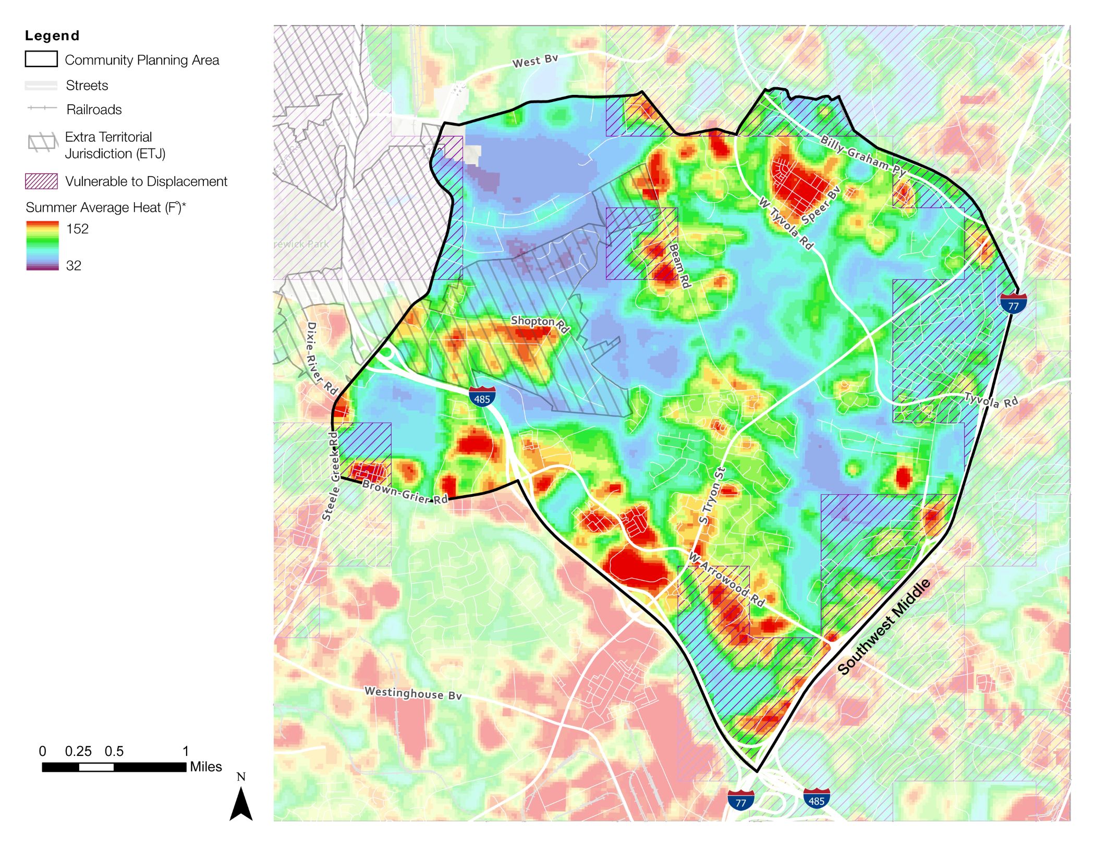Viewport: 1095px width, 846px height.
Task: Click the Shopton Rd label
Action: pyautogui.click(x=539, y=324)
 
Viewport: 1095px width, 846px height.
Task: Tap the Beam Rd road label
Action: pyautogui.click(x=679, y=265)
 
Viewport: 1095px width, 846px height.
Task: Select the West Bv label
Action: pyautogui.click(x=535, y=61)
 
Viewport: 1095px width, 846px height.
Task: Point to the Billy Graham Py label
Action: pyautogui.click(x=863, y=155)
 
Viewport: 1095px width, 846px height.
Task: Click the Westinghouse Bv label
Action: pyautogui.click(x=413, y=693)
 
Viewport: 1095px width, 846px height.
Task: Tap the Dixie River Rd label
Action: pyautogui.click(x=321, y=358)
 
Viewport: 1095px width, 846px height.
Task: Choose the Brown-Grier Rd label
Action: pyautogui.click(x=405, y=492)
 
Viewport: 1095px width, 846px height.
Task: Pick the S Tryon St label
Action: pyautogui.click(x=712, y=495)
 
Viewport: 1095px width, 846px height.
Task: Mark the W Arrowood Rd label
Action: pyautogui.click(x=726, y=579)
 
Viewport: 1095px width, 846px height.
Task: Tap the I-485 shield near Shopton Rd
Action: pyautogui.click(x=482, y=397)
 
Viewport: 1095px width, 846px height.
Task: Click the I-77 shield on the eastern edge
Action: pyautogui.click(x=1013, y=303)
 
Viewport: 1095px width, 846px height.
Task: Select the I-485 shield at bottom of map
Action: pyautogui.click(x=816, y=799)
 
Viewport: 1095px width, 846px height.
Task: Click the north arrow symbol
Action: pyautogui.click(x=241, y=803)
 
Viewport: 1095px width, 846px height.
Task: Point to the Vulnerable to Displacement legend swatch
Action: pyautogui.click(x=41, y=181)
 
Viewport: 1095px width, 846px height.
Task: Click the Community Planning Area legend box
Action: pyautogui.click(x=41, y=59)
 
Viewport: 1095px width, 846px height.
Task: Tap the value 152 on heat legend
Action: pyautogui.click(x=77, y=229)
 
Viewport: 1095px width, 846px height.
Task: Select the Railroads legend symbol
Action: pyautogui.click(x=42, y=108)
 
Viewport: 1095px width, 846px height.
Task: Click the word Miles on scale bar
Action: pyautogui.click(x=205, y=767)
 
